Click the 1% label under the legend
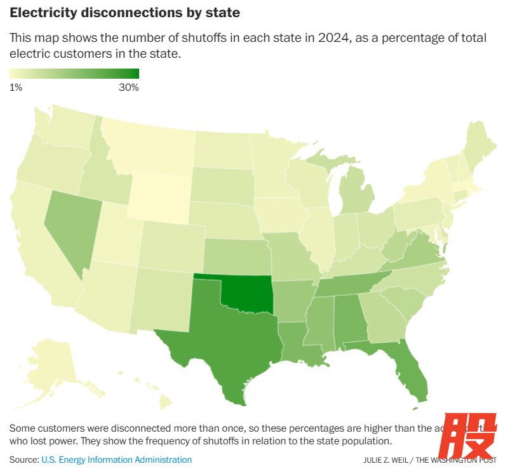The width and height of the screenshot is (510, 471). (16, 88)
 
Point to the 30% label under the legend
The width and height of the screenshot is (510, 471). (129, 88)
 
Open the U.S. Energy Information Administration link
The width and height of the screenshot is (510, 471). (116, 460)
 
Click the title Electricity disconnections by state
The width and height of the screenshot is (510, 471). (125, 13)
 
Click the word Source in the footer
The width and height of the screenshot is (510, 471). (23, 460)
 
